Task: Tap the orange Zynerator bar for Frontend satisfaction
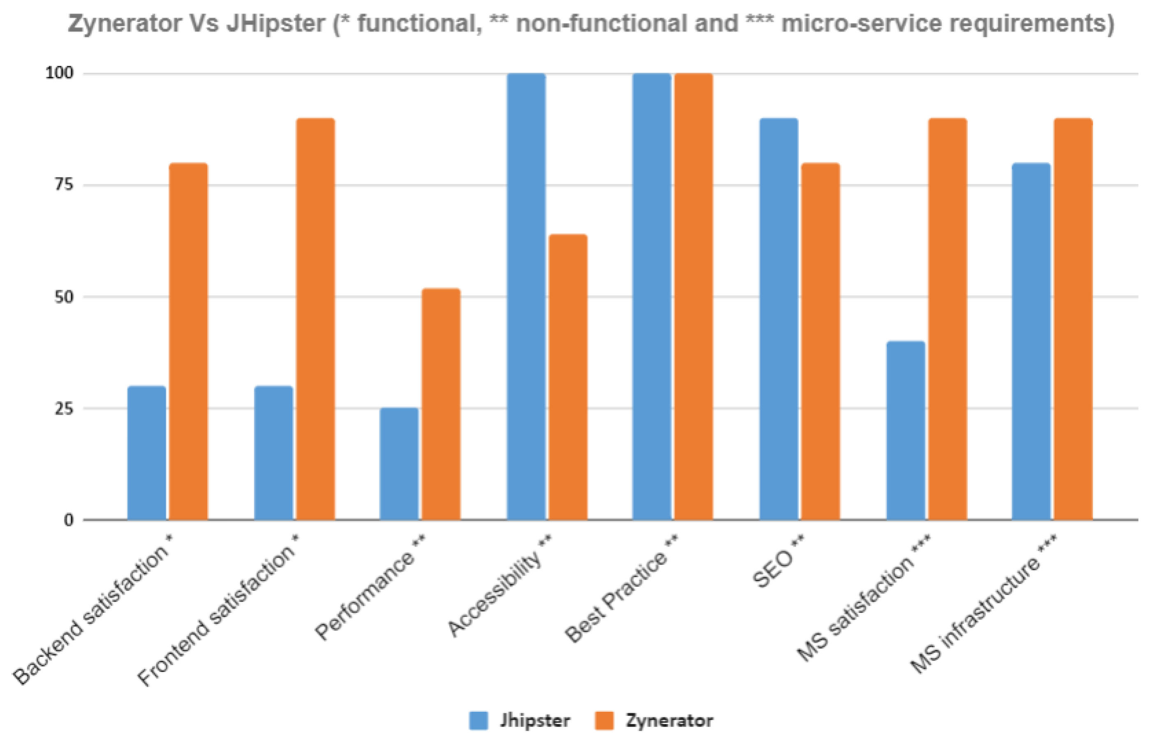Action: point(315,319)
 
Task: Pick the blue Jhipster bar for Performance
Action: point(399,464)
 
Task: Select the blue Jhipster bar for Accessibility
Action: point(526,297)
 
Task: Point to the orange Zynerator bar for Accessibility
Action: point(568,377)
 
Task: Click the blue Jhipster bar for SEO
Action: point(779,319)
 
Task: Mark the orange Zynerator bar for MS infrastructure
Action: point(1073,319)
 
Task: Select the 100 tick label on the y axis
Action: point(60,74)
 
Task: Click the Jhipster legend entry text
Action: point(535,720)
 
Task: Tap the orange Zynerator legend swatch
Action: point(603,721)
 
